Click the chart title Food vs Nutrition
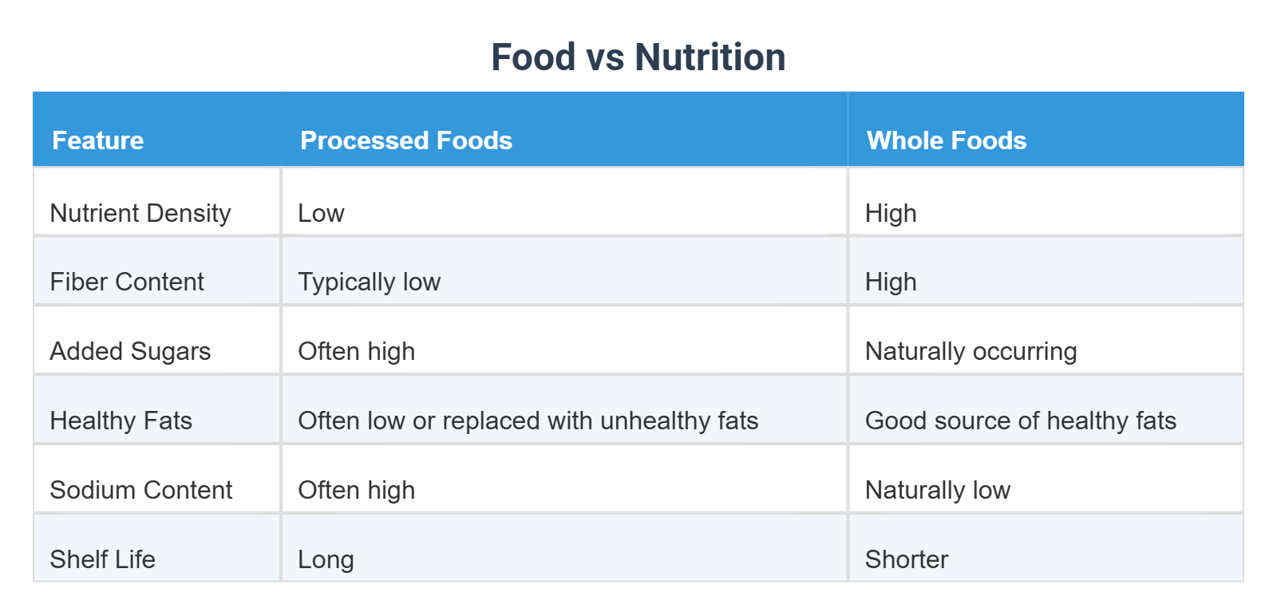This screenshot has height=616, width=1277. coord(638,57)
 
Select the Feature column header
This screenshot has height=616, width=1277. coord(98,140)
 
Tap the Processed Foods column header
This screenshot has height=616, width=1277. coord(405,140)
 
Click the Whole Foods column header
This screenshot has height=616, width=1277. coord(947,140)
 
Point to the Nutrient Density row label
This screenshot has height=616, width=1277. coord(140,213)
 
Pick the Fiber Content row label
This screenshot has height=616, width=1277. coord(127,282)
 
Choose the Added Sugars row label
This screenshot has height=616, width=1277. coord(130,351)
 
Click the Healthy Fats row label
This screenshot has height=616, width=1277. coord(121,421)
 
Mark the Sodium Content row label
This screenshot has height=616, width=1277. coord(141,490)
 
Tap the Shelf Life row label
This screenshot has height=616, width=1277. coord(103,559)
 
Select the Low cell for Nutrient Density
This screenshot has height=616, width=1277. coord(321,213)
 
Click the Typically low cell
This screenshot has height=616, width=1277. coord(369,282)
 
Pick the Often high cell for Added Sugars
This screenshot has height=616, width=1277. coord(356,351)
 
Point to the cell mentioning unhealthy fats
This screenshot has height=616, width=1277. coord(528,421)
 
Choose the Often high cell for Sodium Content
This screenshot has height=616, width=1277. coord(356,490)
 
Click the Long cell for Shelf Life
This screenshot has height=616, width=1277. coord(326,559)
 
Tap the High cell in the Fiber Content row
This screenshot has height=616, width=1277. coord(891,282)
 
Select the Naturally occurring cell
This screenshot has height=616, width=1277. coord(971,351)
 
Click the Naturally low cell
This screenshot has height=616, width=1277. coord(938,490)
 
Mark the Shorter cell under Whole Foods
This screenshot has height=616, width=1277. coord(907,559)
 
